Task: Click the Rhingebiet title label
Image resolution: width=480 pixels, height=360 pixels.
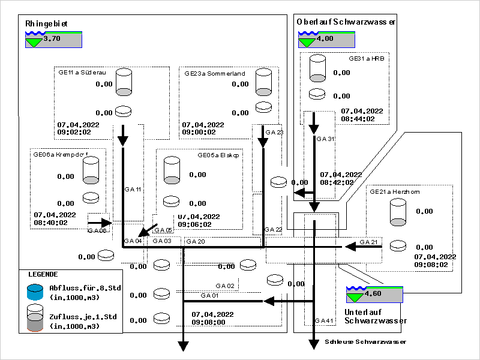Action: pos(46,24)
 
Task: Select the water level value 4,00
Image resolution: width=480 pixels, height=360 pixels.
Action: pos(325,38)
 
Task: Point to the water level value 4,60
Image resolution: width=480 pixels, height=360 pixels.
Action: pos(373,294)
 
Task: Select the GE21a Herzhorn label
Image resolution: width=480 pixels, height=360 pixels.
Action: pos(394,192)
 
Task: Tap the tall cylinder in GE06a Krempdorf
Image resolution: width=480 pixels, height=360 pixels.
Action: pos(91,171)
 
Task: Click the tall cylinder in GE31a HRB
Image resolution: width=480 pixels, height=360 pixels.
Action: pos(317,68)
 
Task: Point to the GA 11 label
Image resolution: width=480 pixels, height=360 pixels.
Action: pos(133,189)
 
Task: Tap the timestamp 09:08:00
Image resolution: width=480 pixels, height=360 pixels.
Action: pos(209,322)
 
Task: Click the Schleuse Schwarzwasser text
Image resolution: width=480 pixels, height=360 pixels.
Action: pos(365,342)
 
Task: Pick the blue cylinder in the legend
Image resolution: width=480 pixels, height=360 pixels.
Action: pos(35,292)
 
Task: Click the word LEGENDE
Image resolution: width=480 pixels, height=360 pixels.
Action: pos(43,274)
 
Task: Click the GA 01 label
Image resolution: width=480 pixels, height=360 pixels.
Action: pos(209,295)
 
